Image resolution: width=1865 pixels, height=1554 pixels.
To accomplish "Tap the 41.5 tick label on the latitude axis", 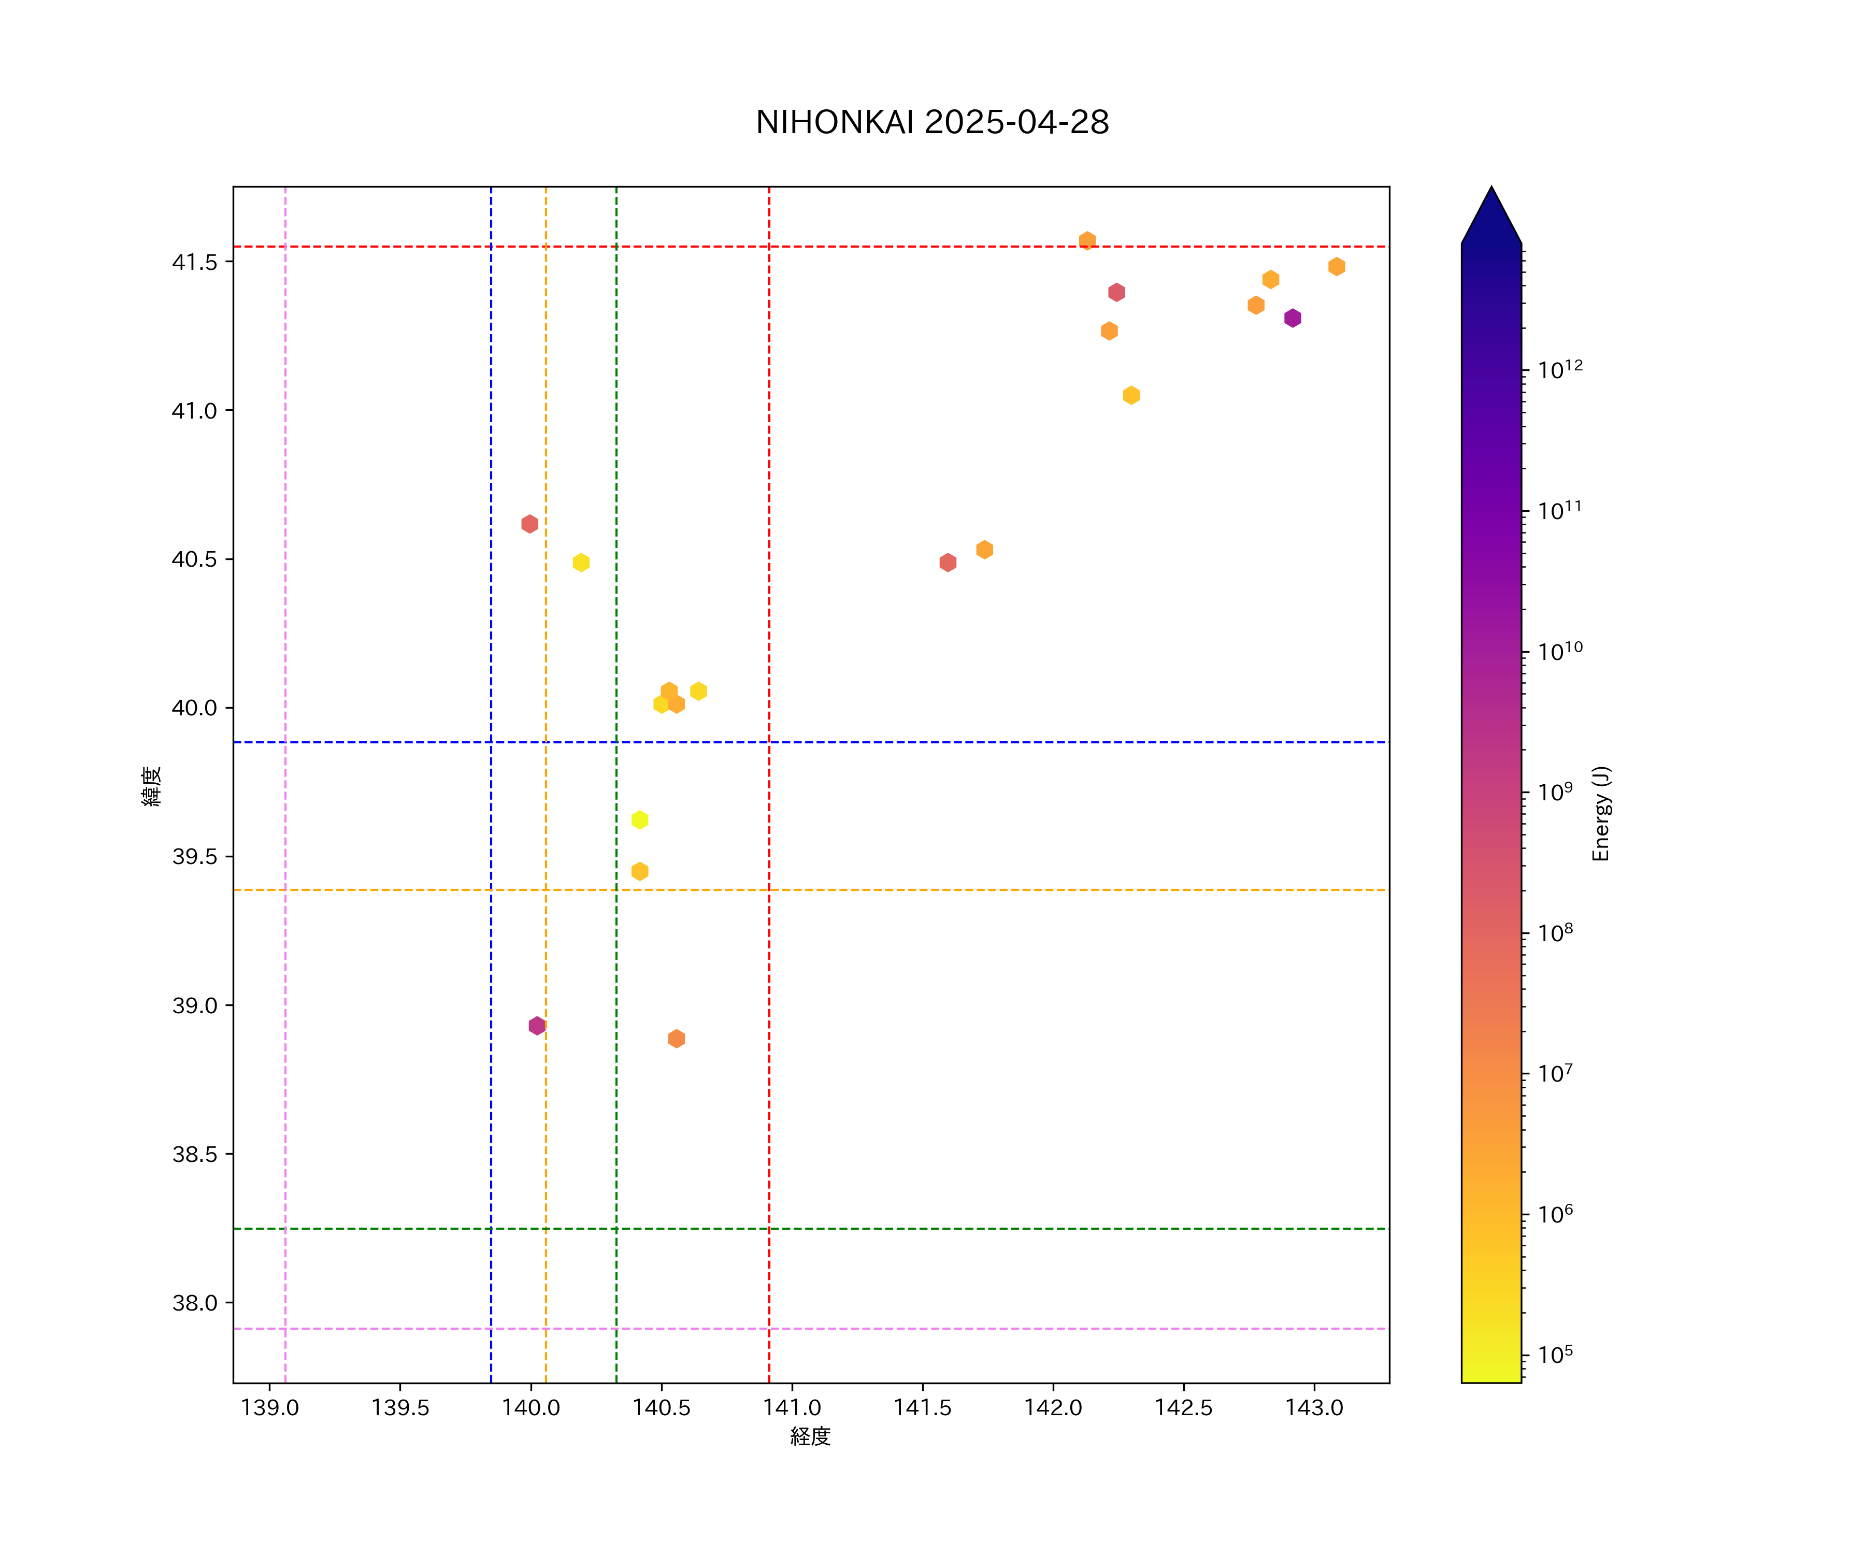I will pyautogui.click(x=194, y=262).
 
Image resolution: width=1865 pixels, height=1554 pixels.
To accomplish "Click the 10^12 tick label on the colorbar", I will pyautogui.click(x=1559, y=369).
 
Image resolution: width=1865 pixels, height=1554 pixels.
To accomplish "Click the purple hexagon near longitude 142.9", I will pyautogui.click(x=1292, y=318).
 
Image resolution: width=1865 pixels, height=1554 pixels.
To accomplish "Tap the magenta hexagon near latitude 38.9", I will pyautogui.click(x=536, y=1026).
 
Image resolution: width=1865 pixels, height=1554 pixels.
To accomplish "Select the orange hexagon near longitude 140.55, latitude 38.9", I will pyautogui.click(x=676, y=1038).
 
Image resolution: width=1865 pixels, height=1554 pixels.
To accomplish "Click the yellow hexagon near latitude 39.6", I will pyautogui.click(x=639, y=819).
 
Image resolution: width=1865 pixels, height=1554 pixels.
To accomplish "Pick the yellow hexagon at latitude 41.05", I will pyautogui.click(x=1130, y=395).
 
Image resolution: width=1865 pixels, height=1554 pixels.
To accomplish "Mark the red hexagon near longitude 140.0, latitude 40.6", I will pyautogui.click(x=529, y=524).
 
